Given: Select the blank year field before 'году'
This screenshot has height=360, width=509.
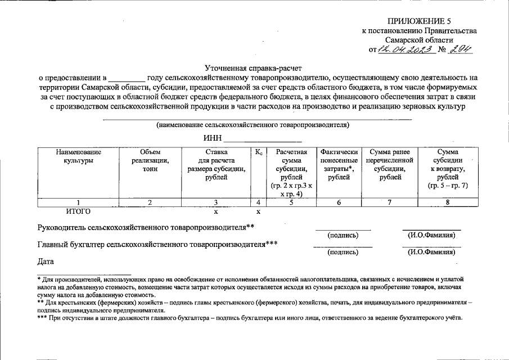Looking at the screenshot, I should pyautogui.click(x=126, y=78).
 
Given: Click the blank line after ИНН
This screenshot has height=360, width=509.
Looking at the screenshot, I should pyautogui.click(x=263, y=138).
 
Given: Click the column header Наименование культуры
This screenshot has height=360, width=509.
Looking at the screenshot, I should pyautogui.click(x=78, y=156).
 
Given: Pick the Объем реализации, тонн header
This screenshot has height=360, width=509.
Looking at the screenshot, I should pyautogui.click(x=150, y=160).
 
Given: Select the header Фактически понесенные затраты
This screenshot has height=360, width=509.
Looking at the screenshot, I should pyautogui.click(x=339, y=164).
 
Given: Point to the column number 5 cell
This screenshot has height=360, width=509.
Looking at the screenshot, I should pyautogui.click(x=291, y=202).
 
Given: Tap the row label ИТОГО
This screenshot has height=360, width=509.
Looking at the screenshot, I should pyautogui.click(x=78, y=211).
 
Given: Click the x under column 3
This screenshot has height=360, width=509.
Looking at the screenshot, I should pyautogui.click(x=216, y=212).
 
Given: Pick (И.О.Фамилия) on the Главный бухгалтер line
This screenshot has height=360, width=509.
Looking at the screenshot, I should pyautogui.click(x=431, y=253).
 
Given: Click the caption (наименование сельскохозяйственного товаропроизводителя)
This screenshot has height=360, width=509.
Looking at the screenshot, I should pyautogui.click(x=253, y=125).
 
